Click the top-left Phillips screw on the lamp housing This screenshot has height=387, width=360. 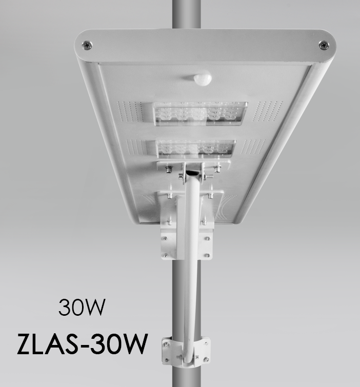pyautogui.click(x=87, y=46)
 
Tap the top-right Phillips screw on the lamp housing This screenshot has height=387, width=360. pyautogui.click(x=324, y=45)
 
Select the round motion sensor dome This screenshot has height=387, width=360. pyautogui.click(x=203, y=78)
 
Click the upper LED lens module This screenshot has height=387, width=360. pyautogui.click(x=200, y=113)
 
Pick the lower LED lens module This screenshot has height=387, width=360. pyautogui.click(x=196, y=149)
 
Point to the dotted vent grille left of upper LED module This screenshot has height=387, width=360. pyautogui.click(x=130, y=111)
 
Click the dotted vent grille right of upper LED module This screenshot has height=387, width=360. pyautogui.click(x=267, y=111)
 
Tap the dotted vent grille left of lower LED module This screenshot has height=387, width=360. pyautogui.click(x=136, y=147)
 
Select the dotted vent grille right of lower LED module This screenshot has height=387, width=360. pyautogui.click(x=253, y=147)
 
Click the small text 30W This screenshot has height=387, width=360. pyautogui.click(x=82, y=307)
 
